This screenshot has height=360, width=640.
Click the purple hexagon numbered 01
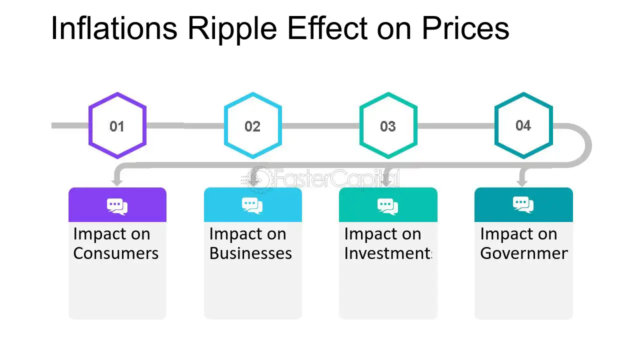point(117,126)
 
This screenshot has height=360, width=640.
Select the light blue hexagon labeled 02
point(252,126)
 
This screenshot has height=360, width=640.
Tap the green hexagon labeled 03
point(388,126)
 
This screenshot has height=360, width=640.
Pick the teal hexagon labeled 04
point(523,125)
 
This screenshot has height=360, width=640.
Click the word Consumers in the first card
point(115,253)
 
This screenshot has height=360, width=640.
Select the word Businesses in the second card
point(250,253)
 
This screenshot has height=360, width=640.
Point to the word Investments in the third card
point(387,253)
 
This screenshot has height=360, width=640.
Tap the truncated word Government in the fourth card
point(523,253)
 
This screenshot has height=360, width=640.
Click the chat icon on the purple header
point(117,206)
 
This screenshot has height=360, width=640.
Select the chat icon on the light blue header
point(252,205)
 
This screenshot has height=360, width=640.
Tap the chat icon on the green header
point(388,205)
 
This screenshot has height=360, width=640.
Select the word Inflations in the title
point(114,28)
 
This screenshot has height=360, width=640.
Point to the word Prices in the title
point(465,28)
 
